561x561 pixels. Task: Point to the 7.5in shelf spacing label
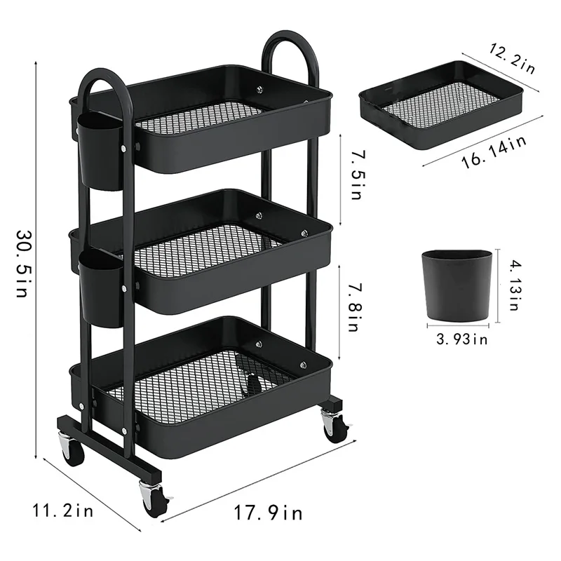356,172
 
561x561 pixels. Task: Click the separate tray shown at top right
442,105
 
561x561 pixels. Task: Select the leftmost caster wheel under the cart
72,452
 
